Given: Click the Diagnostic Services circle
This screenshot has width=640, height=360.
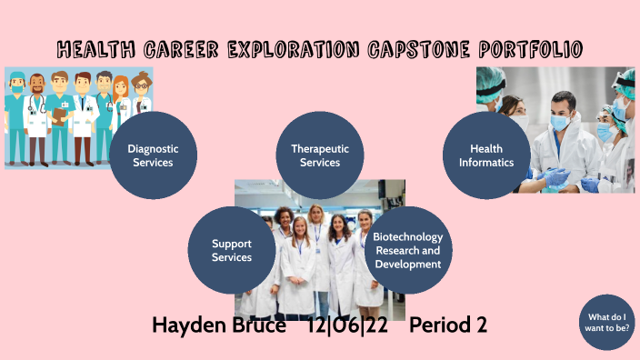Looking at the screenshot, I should click(x=153, y=155).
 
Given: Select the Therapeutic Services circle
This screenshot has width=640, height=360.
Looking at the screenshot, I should click(x=320, y=155).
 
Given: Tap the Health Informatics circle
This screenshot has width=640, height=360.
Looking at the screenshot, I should click(x=486, y=155).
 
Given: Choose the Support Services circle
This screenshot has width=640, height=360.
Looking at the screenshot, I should click(x=232, y=250).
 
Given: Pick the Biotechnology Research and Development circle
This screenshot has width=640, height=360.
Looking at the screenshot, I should click(x=407, y=250).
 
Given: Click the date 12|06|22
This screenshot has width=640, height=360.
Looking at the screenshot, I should click(x=347, y=325).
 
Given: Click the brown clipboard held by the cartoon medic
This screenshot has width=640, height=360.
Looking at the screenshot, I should click(x=60, y=115).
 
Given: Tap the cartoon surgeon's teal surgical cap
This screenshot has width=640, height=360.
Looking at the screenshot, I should click(x=16, y=76).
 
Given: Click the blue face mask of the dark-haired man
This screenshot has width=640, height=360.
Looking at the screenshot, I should click(x=561, y=121).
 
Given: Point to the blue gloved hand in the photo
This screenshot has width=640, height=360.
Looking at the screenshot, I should click(x=556, y=175).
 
